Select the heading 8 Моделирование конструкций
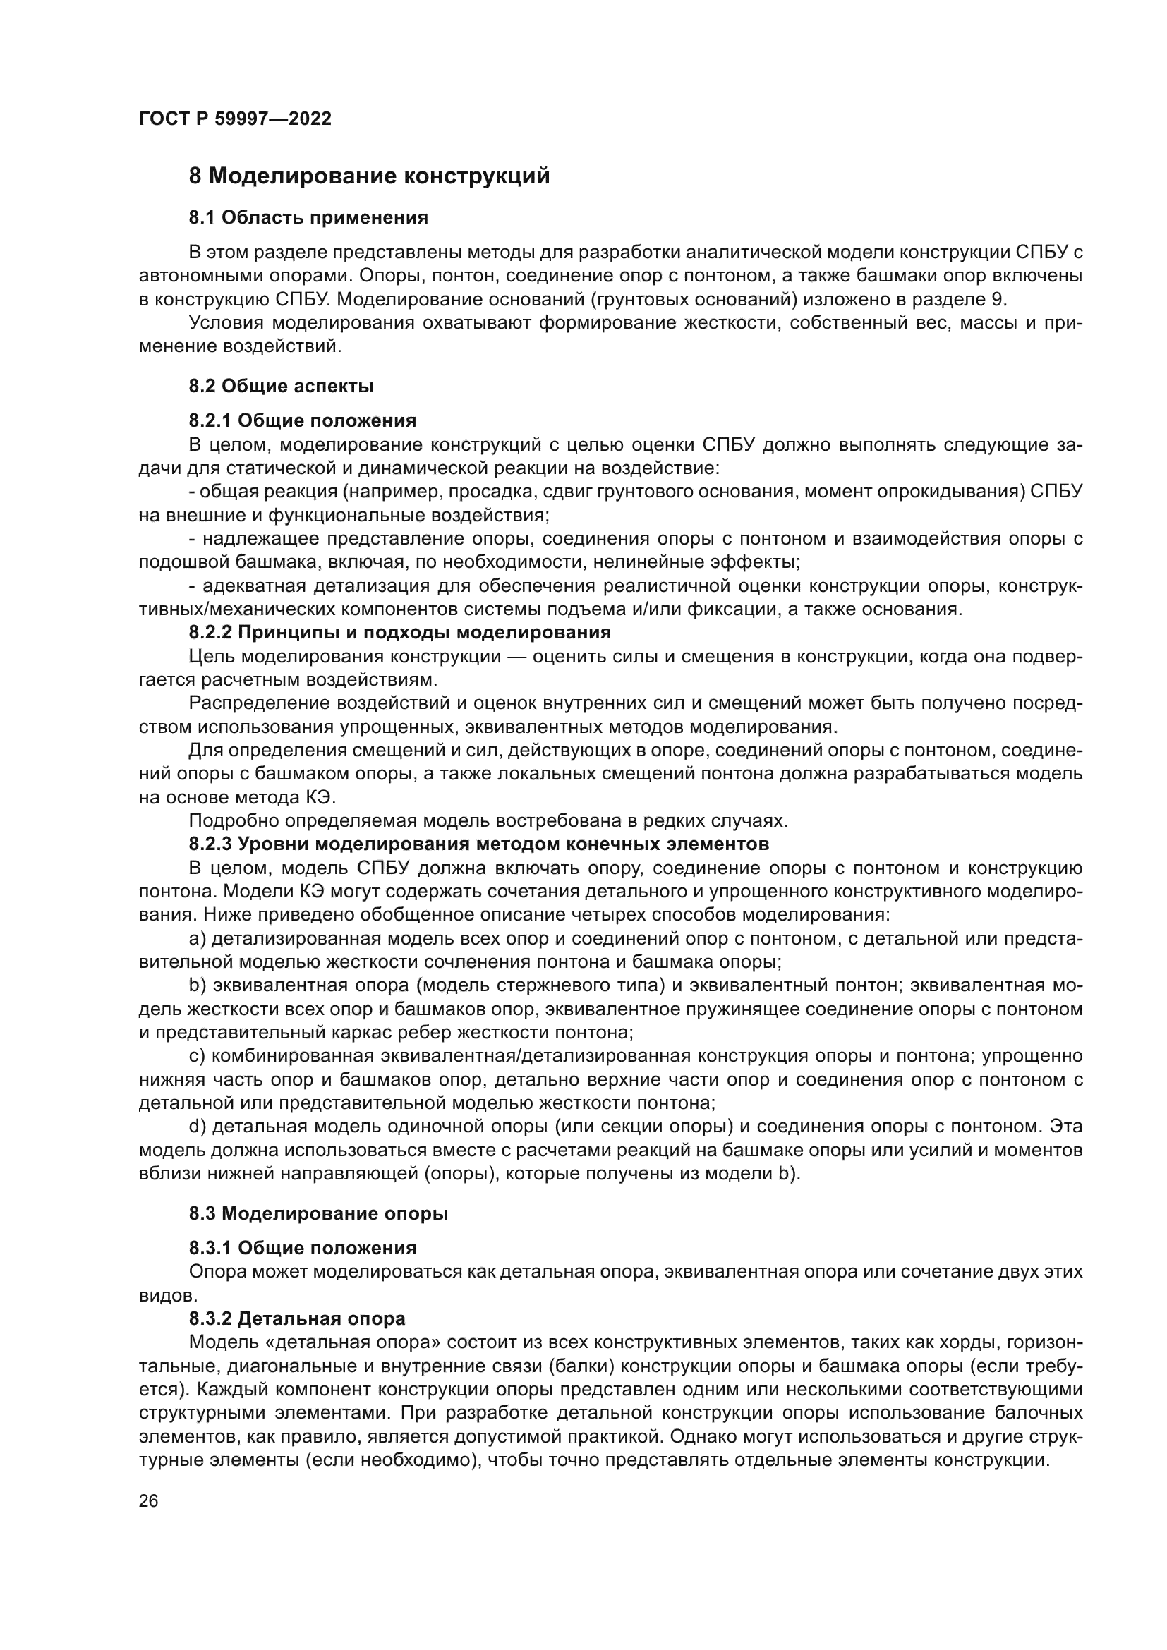(x=369, y=176)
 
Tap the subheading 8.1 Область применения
(x=308, y=218)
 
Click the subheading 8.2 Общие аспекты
(x=281, y=386)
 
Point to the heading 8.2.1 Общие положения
(x=303, y=420)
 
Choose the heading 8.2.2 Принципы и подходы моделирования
(x=399, y=632)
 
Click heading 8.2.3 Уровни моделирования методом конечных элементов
(x=478, y=843)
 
